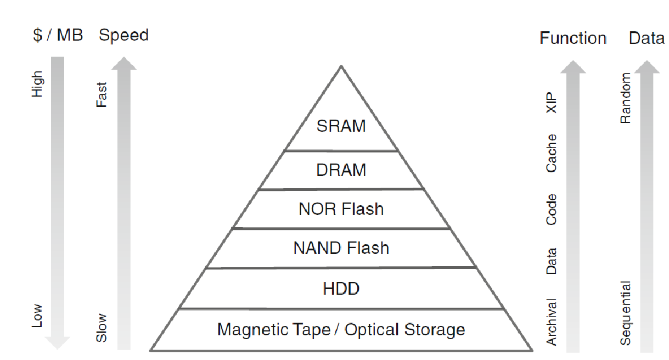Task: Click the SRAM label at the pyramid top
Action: click(x=341, y=126)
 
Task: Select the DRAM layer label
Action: click(x=341, y=170)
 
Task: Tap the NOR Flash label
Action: click(x=341, y=209)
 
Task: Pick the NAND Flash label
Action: click(x=341, y=248)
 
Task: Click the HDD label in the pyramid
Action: click(x=341, y=289)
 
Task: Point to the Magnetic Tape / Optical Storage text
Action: click(x=341, y=330)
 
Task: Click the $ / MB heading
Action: click(x=58, y=36)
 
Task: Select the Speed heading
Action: click(x=123, y=36)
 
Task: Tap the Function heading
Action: click(x=573, y=38)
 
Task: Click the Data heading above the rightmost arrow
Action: click(x=646, y=38)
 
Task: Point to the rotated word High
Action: click(x=37, y=84)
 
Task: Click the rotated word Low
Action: click(x=37, y=316)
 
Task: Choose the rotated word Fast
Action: click(x=102, y=94)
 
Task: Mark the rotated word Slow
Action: click(x=102, y=328)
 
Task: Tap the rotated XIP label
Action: click(x=552, y=103)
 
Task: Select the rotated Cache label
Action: click(x=552, y=153)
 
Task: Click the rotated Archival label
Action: click(x=552, y=322)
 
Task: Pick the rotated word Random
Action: click(x=625, y=98)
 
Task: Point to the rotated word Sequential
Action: click(x=625, y=313)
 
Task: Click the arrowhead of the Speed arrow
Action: click(x=125, y=63)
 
